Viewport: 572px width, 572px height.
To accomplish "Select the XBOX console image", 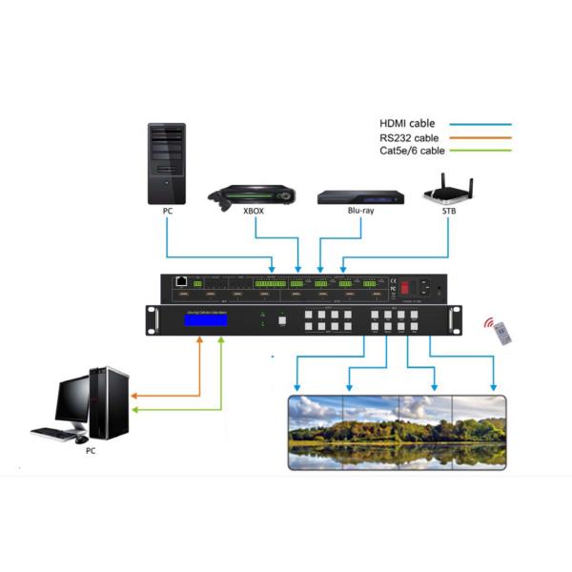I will [252, 195].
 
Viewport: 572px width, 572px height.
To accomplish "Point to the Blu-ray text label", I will [361, 226].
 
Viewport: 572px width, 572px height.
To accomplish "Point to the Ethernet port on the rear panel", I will [179, 282].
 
